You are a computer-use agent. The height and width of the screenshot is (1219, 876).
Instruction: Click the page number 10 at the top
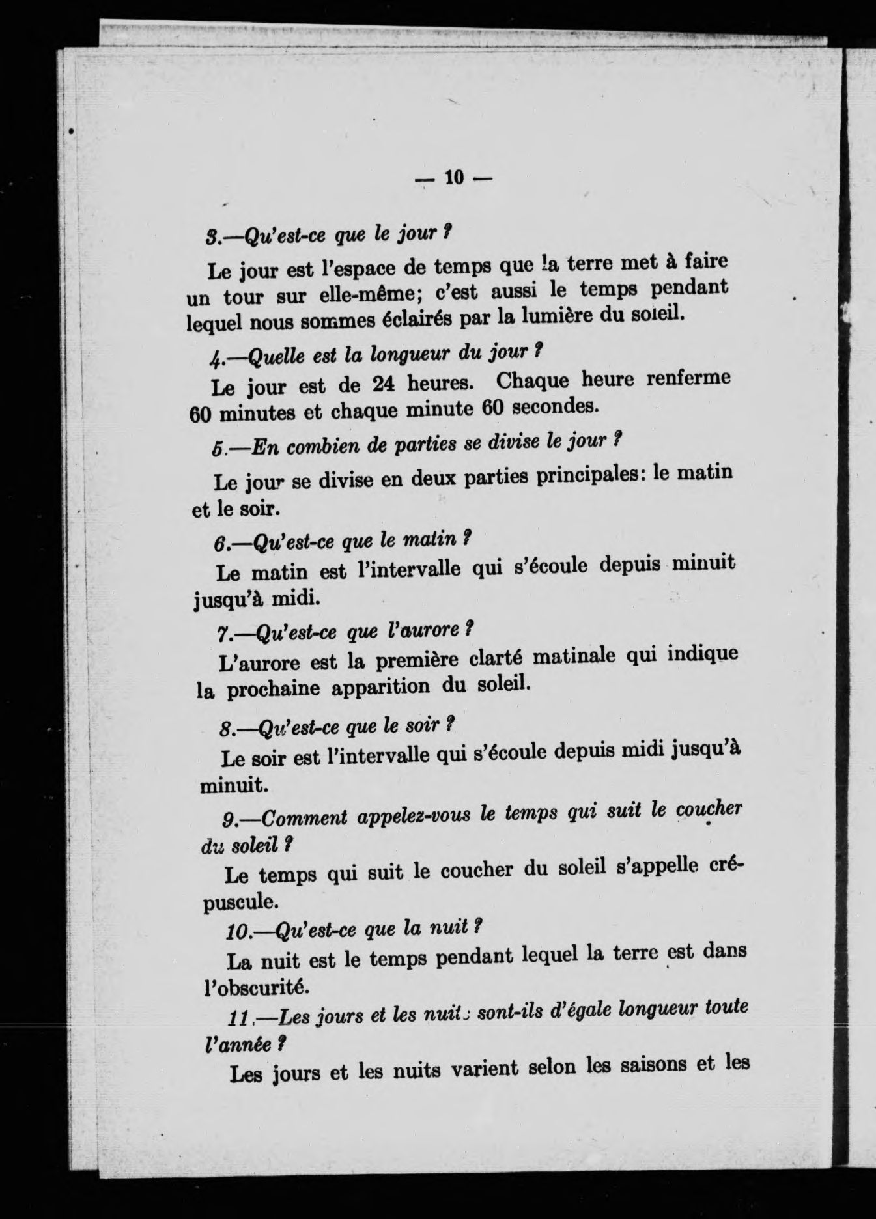pyautogui.click(x=453, y=178)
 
